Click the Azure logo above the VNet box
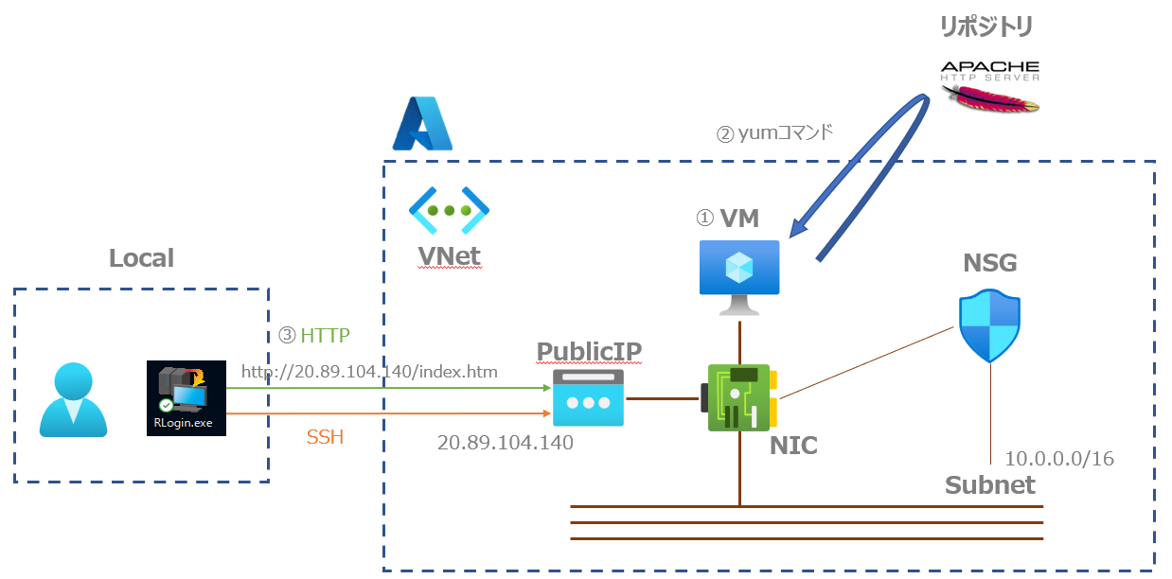click(422, 124)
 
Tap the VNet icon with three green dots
click(449, 209)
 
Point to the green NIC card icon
click(739, 398)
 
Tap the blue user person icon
click(74, 400)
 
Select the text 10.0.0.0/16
click(1058, 459)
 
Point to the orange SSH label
click(326, 437)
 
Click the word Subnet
click(989, 485)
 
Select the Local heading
click(141, 258)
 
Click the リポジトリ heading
click(986, 26)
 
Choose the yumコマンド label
click(773, 133)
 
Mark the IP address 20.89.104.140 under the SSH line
click(505, 442)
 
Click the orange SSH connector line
click(388, 413)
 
